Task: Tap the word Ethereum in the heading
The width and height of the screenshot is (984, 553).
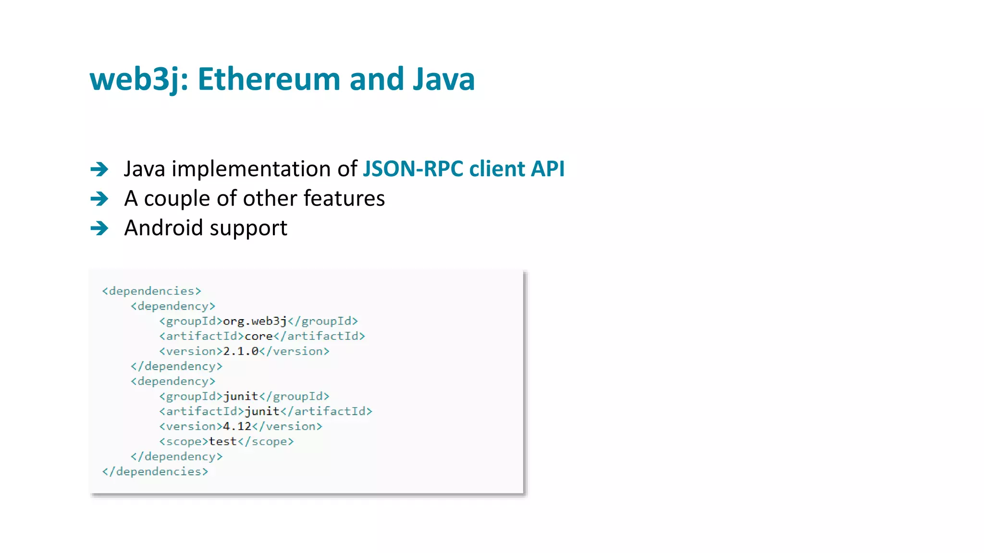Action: point(269,79)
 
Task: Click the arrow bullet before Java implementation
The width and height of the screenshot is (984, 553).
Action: point(99,169)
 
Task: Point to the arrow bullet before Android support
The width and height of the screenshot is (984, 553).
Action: point(99,228)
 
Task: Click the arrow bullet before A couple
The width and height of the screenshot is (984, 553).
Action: point(99,199)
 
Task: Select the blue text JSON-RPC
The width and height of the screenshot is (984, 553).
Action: point(413,169)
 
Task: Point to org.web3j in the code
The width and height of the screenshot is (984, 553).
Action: point(255,321)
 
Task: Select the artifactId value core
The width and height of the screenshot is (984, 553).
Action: point(258,336)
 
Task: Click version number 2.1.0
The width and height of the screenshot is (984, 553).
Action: point(241,351)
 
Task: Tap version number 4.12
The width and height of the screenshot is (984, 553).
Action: point(237,426)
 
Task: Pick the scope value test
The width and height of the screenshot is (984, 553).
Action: point(223,442)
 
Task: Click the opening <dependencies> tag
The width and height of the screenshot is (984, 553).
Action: point(151,291)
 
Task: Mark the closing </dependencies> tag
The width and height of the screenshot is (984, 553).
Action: point(155,471)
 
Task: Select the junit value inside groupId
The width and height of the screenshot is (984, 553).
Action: point(241,397)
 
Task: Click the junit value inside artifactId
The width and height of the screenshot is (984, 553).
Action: point(262,411)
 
